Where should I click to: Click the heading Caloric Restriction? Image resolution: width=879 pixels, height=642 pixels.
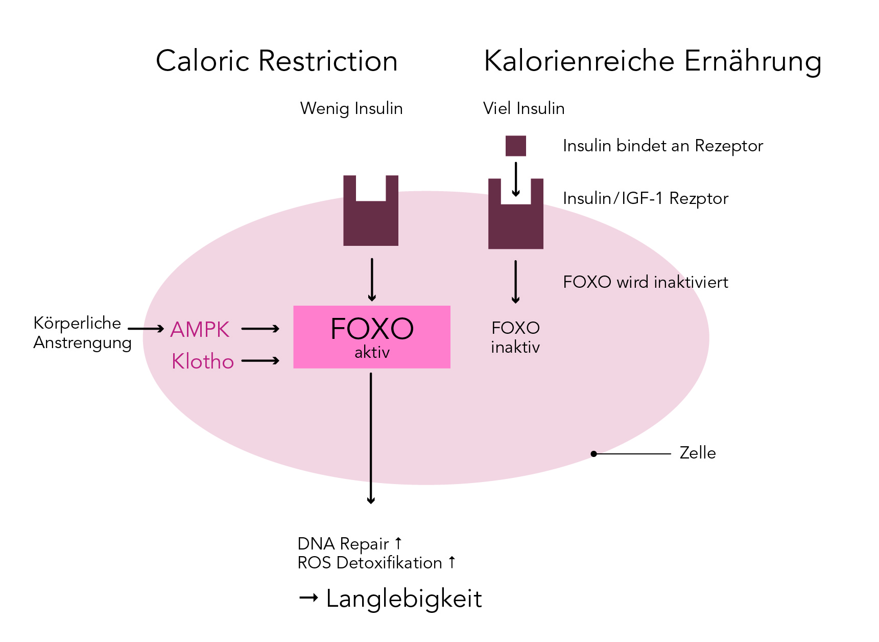pyautogui.click(x=276, y=61)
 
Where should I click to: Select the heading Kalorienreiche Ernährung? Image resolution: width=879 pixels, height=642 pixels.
pyautogui.click(x=653, y=62)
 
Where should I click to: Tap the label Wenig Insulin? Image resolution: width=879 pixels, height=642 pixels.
pyautogui.click(x=351, y=109)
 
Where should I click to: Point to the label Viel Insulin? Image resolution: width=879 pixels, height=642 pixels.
pyautogui.click(x=524, y=108)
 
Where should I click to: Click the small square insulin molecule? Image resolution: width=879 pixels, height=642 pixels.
pyautogui.click(x=516, y=146)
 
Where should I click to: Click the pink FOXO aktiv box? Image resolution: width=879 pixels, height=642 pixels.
pyautogui.click(x=372, y=337)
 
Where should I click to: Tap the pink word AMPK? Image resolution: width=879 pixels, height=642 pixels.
pyautogui.click(x=200, y=330)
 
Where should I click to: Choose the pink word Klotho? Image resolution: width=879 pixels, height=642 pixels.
pyautogui.click(x=203, y=361)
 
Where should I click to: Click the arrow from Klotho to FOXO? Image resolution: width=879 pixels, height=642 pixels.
pyautogui.click(x=260, y=361)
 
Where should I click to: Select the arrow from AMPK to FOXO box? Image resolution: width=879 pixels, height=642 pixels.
pyautogui.click(x=260, y=329)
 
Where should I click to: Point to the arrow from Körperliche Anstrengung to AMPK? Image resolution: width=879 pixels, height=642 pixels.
pyautogui.click(x=146, y=329)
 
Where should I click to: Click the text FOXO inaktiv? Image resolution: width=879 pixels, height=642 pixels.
pyautogui.click(x=515, y=337)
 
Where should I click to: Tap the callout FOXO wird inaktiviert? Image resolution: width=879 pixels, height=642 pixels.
pyautogui.click(x=646, y=282)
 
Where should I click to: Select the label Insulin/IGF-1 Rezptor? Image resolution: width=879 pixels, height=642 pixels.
pyautogui.click(x=646, y=198)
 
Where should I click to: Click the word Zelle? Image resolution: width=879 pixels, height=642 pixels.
pyautogui.click(x=698, y=453)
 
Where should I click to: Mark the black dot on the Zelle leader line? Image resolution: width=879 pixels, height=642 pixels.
pyautogui.click(x=593, y=454)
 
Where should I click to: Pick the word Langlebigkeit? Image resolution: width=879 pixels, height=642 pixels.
pyautogui.click(x=404, y=599)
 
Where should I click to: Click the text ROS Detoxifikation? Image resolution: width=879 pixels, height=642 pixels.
pyautogui.click(x=370, y=563)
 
